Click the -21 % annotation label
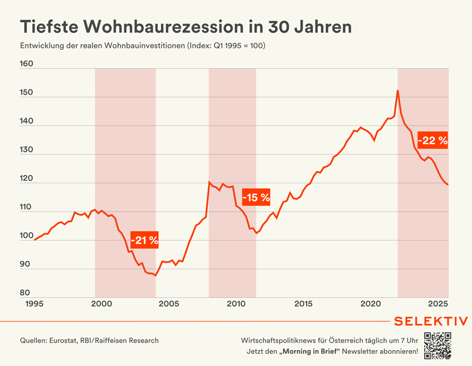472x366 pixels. click(144, 240)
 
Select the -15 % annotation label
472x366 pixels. click(256, 197)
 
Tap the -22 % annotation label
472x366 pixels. click(433, 140)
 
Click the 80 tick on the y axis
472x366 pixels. click(25, 293)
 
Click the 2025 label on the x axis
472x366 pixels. click(438, 304)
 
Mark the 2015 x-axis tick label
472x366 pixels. click(303, 304)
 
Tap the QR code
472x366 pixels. click(438, 345)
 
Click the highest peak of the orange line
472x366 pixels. click(398, 90)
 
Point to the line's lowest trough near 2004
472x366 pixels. click(155, 276)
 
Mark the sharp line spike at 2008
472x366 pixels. click(209, 182)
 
